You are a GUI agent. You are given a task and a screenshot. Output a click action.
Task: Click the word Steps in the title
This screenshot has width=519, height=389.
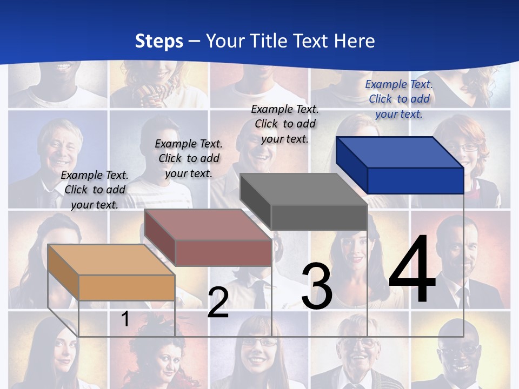coord(159,42)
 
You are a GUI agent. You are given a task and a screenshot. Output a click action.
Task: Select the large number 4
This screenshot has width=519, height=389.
coord(412,270)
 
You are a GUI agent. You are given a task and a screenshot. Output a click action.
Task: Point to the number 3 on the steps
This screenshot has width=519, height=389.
coord(317,286)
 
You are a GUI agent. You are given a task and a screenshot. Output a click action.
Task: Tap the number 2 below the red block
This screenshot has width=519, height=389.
coord(218,303)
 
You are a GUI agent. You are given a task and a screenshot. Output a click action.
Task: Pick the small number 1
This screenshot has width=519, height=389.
coord(125,319)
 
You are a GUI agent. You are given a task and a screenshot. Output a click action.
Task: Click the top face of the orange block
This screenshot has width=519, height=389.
coord(111,260)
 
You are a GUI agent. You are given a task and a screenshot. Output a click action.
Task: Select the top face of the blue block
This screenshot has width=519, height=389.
coord(400,152)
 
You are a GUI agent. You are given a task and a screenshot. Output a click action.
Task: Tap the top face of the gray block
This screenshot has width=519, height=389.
coord(303,189)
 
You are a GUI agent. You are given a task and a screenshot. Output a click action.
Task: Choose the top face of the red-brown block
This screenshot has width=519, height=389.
coord(208,225)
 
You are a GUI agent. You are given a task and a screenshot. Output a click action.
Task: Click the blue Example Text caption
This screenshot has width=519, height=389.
coord(399,99)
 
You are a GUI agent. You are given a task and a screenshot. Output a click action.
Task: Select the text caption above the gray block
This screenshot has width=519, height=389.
coord(285,124)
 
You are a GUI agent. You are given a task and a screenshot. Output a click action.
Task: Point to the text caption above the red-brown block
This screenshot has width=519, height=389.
coord(189,158)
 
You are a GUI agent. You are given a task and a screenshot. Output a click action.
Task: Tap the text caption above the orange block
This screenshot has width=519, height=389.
coord(95,190)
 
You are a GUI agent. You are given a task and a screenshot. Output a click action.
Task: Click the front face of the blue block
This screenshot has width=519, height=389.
coord(415,180)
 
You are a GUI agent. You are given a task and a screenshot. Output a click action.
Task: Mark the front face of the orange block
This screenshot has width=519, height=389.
coord(127,287)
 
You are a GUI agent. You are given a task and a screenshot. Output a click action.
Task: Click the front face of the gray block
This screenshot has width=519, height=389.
coord(319,217)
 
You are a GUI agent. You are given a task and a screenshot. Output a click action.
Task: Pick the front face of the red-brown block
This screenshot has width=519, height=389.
coord(223,252)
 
